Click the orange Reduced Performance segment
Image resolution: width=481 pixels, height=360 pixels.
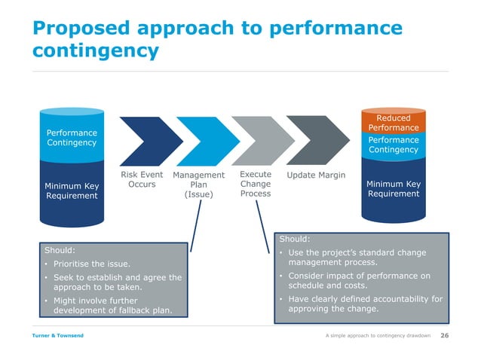(x=393, y=123)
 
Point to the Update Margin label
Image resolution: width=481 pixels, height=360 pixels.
(x=316, y=175)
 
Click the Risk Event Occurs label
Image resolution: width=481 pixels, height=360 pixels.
(x=142, y=180)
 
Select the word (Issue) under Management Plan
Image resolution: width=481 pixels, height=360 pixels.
(x=198, y=195)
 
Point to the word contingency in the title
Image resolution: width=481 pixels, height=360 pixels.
(x=95, y=50)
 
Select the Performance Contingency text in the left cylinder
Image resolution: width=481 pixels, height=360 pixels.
(x=72, y=138)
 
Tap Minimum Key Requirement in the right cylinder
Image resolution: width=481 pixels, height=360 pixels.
(x=393, y=188)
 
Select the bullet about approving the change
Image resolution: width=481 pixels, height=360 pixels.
(x=360, y=304)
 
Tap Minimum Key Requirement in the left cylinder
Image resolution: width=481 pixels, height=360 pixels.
(x=72, y=191)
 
